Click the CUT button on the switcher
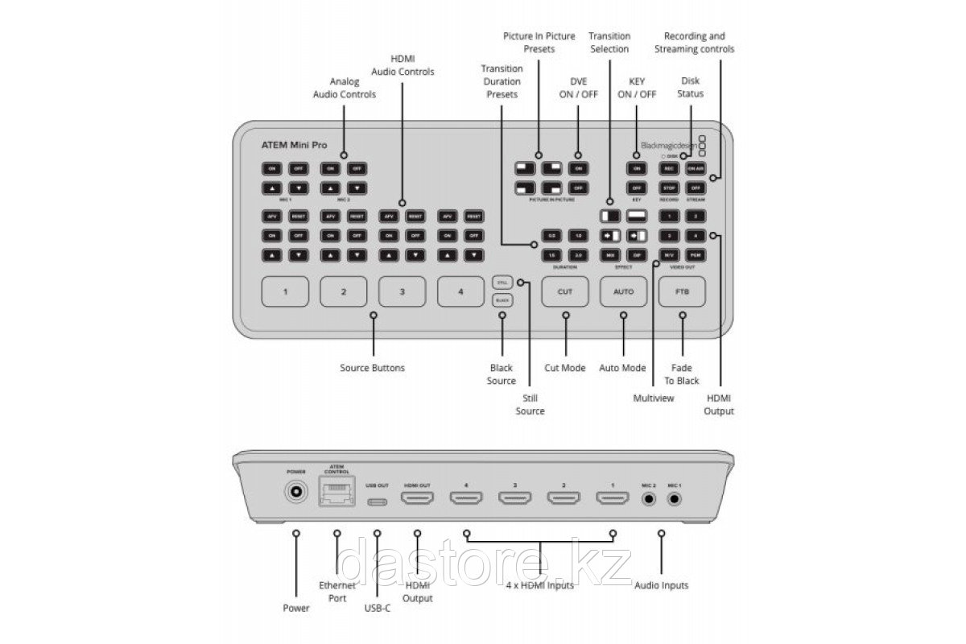(565, 291)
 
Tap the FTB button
(683, 291)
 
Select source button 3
(402, 291)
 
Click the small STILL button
(502, 283)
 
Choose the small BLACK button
(502, 299)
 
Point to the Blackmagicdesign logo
(668, 145)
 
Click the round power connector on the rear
(297, 492)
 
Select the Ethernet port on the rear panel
(336, 492)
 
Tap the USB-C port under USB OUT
(378, 501)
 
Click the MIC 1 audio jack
(674, 499)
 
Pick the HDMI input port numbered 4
(465, 499)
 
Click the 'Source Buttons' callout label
(373, 368)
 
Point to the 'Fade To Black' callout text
(683, 374)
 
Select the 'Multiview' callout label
(653, 397)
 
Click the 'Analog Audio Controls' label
(344, 88)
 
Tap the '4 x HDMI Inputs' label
(539, 585)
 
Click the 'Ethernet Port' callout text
(336, 592)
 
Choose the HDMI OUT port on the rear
(418, 499)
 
